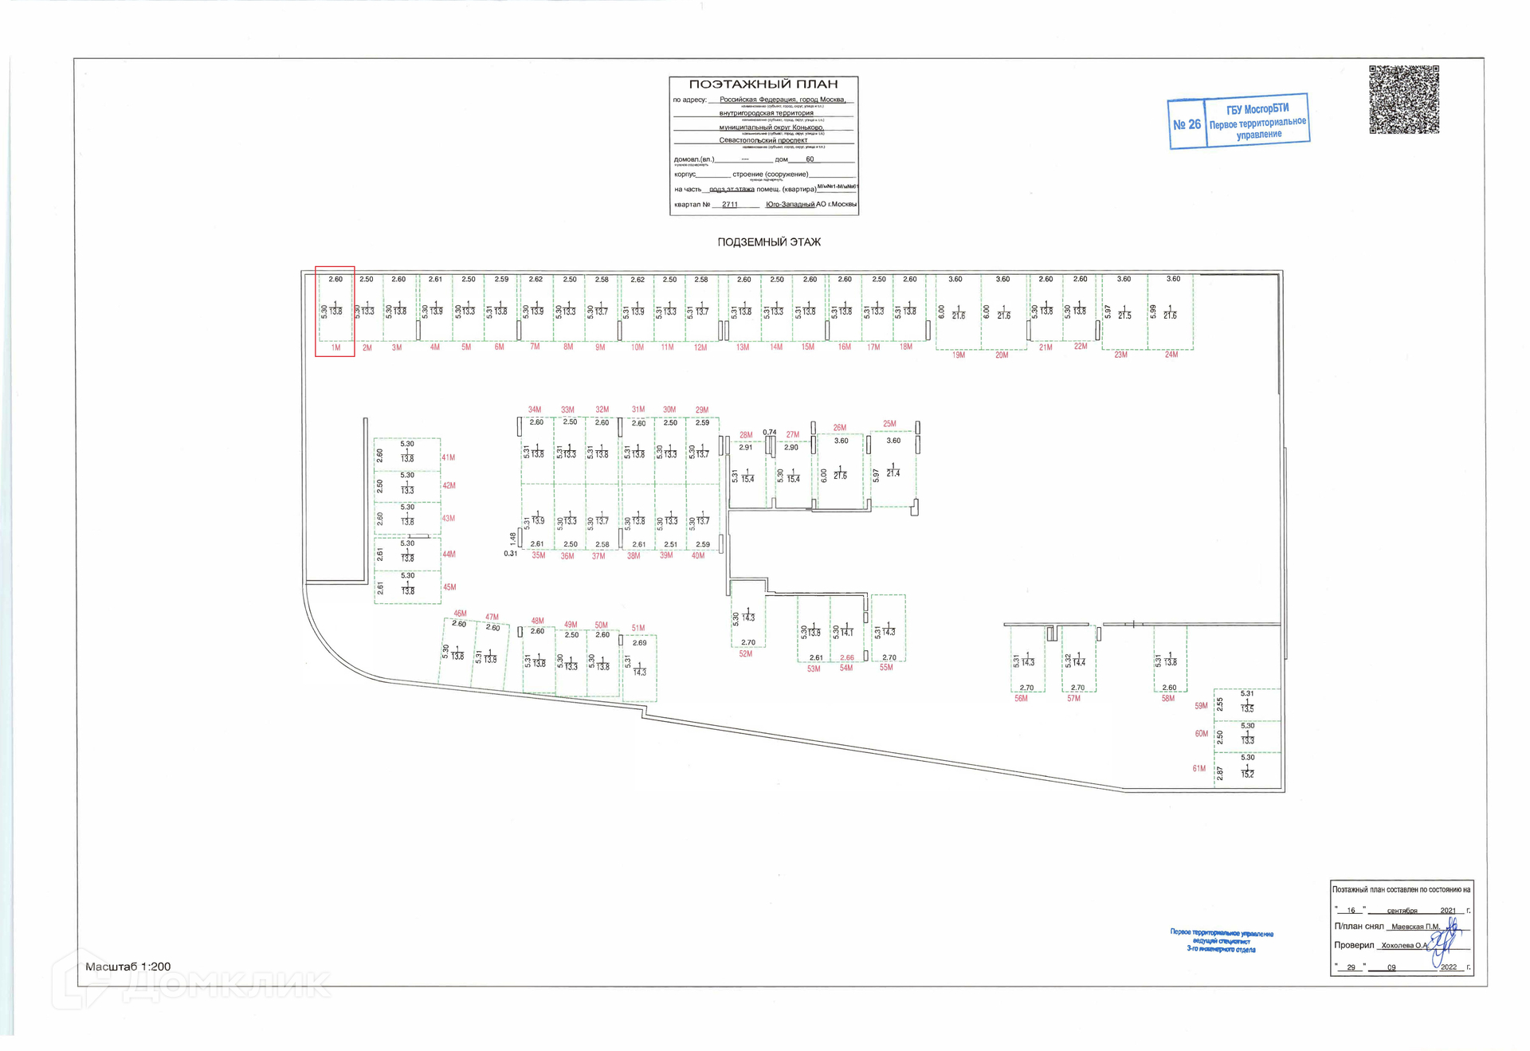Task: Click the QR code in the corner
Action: tap(1403, 100)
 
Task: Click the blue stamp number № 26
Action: tap(1187, 124)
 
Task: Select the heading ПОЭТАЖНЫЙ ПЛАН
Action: tap(763, 84)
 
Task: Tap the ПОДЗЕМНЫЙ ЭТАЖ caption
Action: tap(768, 242)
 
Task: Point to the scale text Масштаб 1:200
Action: tap(127, 967)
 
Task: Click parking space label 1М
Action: tap(335, 347)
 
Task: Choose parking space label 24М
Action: tap(1171, 355)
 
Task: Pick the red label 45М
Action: tap(449, 587)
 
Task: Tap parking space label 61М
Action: tap(1198, 769)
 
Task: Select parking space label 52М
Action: tap(745, 654)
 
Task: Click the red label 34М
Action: tap(534, 410)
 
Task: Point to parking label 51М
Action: tap(637, 628)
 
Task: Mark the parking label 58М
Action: tap(1167, 699)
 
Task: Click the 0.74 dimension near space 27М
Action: tap(769, 433)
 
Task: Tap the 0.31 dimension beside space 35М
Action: tap(510, 554)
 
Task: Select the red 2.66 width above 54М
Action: tap(846, 658)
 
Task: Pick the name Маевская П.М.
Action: tap(1415, 927)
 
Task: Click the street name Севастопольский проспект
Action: tap(763, 140)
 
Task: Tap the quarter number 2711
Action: tap(729, 205)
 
